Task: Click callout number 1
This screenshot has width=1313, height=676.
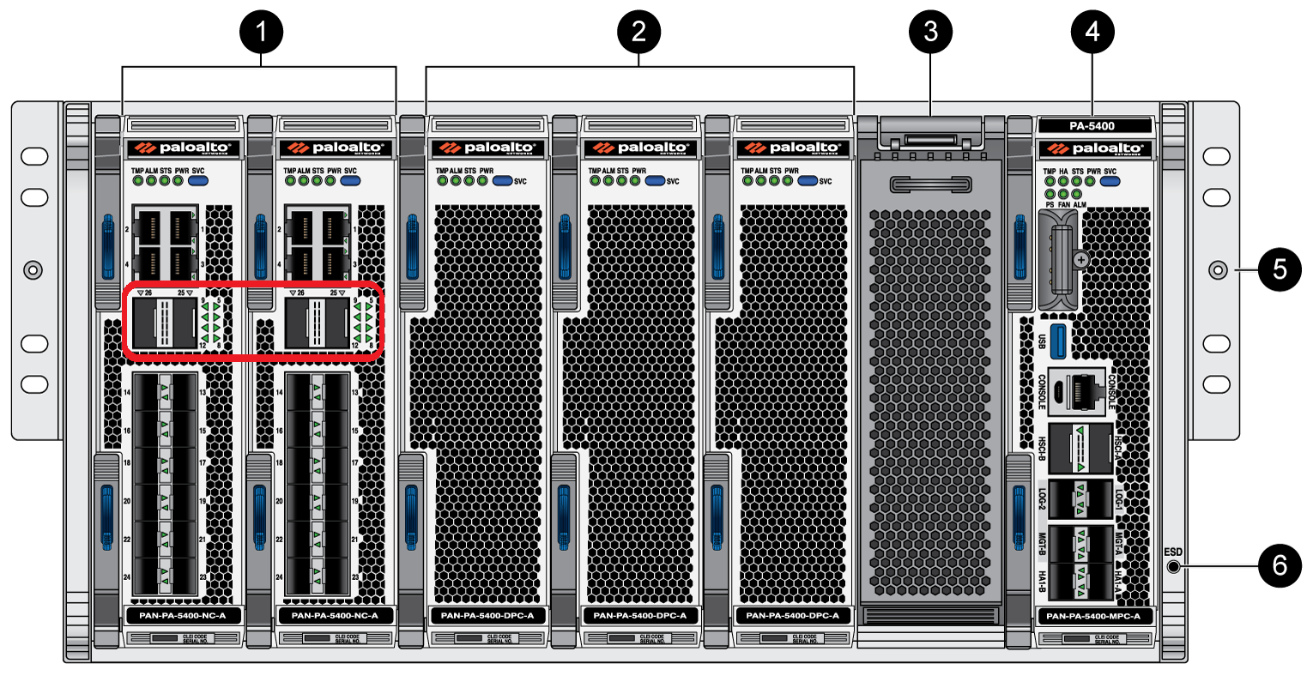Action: click(x=261, y=33)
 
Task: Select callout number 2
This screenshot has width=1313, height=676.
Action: click(x=638, y=33)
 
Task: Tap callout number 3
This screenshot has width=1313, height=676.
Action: click(x=930, y=33)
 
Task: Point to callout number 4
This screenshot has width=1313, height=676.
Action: click(x=1092, y=33)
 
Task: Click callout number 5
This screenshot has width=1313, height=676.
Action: click(x=1280, y=269)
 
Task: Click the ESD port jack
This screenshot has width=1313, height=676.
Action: click(x=1173, y=567)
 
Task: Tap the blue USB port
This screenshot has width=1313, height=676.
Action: click(x=1057, y=341)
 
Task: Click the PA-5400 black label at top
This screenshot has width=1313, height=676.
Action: click(x=1092, y=126)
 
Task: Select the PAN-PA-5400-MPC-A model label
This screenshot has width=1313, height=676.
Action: click(x=1093, y=616)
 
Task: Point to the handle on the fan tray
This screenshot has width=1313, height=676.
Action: click(x=929, y=184)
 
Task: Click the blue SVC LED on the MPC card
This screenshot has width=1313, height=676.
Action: click(x=1110, y=182)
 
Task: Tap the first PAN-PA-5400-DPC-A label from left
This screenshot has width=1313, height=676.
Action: click(x=487, y=616)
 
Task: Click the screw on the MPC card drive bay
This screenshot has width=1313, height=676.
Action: click(x=1080, y=259)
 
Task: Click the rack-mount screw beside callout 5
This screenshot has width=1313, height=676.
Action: click(x=1217, y=270)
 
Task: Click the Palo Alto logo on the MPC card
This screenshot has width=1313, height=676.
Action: click(x=1092, y=148)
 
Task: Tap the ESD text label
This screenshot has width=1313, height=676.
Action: click(x=1172, y=552)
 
